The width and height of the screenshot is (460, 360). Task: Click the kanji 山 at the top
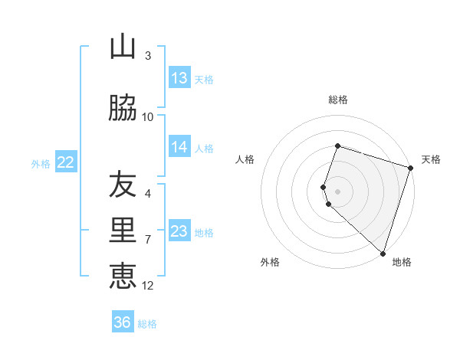(123, 47)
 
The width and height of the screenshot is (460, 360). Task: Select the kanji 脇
(123, 109)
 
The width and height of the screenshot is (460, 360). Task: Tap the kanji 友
(123, 184)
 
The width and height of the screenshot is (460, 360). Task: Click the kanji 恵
(123, 275)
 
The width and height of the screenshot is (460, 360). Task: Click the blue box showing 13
(179, 78)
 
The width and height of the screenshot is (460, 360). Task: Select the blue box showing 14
(179, 148)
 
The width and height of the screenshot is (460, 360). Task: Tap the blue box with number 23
(179, 231)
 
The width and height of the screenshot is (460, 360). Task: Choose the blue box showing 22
(65, 162)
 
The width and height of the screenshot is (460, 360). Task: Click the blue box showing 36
(123, 322)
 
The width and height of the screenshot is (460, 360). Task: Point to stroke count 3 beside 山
(148, 56)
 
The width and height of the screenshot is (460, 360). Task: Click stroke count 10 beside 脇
(148, 117)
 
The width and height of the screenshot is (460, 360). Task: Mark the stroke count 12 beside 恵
(148, 286)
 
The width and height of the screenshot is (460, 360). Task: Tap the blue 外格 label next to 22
(41, 163)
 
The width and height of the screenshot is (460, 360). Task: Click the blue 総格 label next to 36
(147, 323)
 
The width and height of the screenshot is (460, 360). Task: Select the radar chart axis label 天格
(431, 159)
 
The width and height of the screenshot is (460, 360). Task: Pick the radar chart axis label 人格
(245, 159)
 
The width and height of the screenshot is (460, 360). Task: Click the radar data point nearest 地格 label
(383, 253)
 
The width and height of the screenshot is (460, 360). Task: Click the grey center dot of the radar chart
(337, 191)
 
